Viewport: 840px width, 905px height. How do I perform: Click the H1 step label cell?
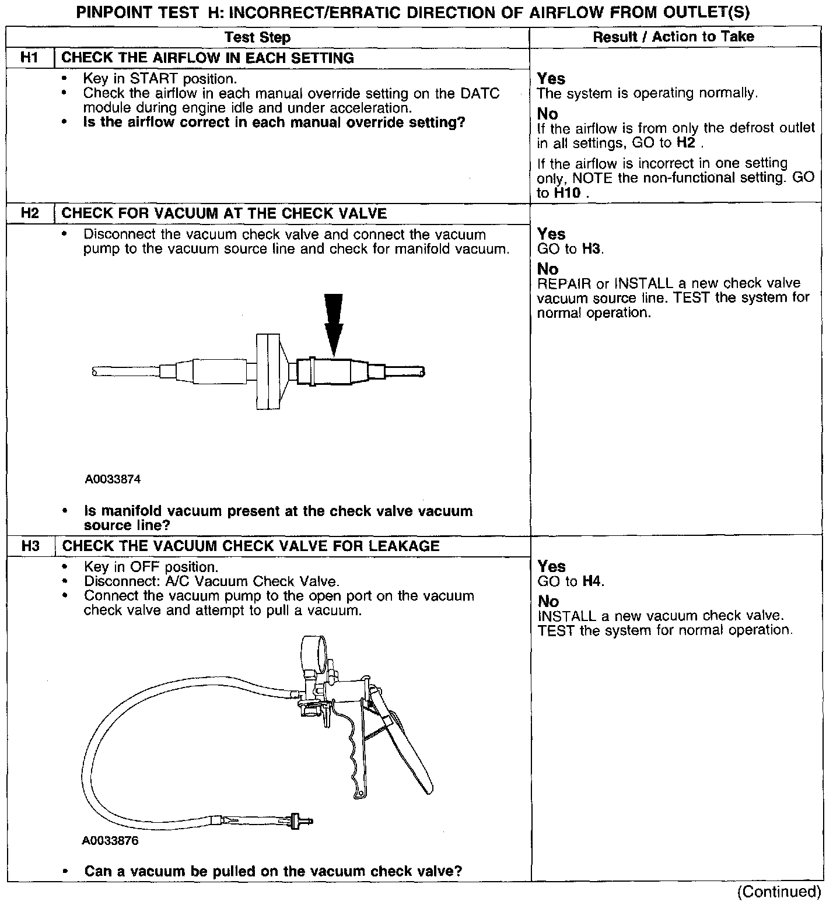coord(29,58)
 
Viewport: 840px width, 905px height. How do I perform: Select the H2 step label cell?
coord(29,213)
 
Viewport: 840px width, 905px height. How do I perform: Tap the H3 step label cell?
coord(30,546)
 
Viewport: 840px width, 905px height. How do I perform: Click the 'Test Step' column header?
coord(257,38)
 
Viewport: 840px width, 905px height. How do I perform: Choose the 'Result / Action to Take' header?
coord(673,37)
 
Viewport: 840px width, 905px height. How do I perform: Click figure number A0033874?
coord(113,479)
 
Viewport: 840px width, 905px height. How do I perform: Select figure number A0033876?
coord(110,841)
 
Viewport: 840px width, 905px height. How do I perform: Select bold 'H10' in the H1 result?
coord(567,193)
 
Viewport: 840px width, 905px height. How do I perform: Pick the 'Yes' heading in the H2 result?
coord(551,234)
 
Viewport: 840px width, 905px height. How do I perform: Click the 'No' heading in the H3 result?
coord(548,601)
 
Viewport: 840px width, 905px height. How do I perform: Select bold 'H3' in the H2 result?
coord(591,249)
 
